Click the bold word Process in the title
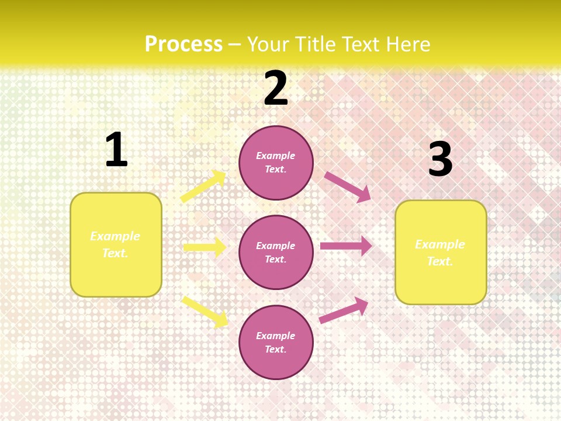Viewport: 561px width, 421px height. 183,44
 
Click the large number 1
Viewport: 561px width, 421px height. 116,150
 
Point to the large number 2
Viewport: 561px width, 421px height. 276,89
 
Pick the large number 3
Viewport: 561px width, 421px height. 440,160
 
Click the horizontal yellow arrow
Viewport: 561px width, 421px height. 205,247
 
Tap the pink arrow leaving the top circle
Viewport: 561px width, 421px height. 347,187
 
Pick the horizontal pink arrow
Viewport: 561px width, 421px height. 346,246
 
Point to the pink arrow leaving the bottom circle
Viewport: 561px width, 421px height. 344,310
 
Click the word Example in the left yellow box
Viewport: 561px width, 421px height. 115,236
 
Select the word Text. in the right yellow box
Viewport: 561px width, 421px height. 440,261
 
